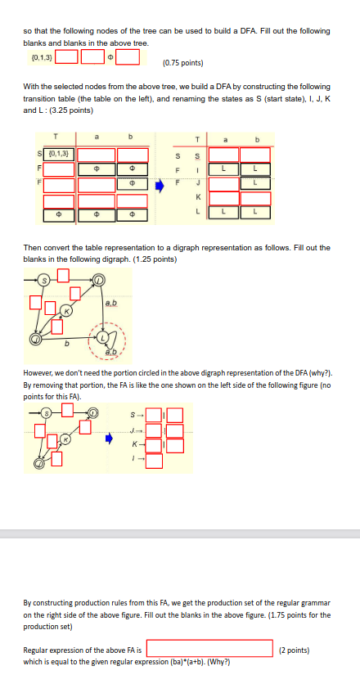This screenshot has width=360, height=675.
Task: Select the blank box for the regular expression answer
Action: click(209, 649)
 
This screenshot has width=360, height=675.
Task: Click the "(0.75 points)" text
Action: click(183, 62)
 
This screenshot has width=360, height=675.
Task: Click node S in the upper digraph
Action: click(47, 280)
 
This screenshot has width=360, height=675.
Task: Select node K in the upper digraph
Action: click(70, 312)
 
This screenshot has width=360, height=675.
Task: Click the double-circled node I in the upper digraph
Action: click(99, 281)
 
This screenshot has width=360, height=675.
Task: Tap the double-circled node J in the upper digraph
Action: click(35, 338)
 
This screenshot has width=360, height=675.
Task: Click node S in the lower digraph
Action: click(47, 415)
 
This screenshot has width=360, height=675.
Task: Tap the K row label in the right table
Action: click(197, 196)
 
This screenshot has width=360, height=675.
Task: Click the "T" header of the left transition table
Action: click(56, 137)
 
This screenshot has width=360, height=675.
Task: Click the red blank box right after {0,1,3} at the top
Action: click(67, 57)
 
